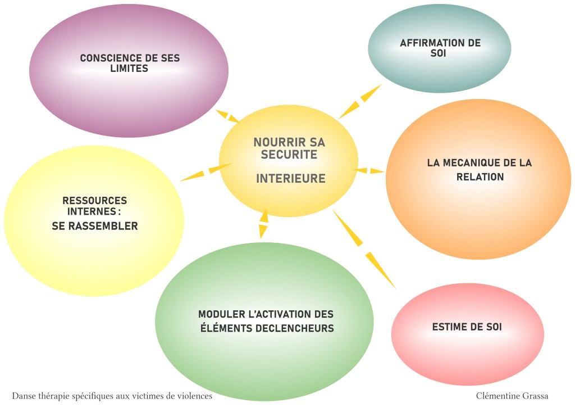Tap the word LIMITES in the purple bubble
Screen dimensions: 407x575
[129, 69]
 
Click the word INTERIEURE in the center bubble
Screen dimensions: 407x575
[291, 179]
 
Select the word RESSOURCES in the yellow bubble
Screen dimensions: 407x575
[95, 201]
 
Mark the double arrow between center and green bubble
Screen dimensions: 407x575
[263, 224]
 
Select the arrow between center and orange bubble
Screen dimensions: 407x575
[371, 169]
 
